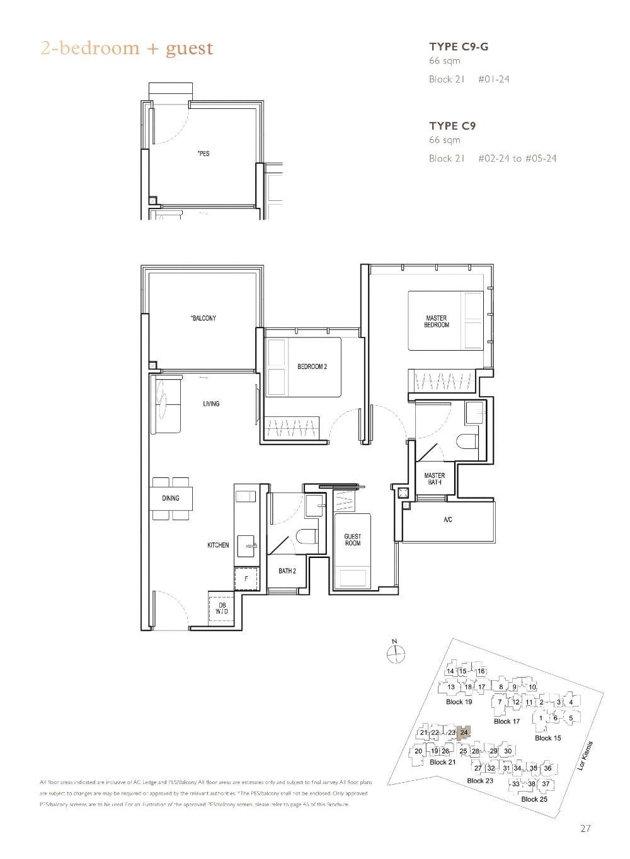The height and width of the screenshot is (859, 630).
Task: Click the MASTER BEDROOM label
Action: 437,321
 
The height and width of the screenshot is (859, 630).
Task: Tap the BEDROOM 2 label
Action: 312,367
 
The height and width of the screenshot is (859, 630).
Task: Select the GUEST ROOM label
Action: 353,540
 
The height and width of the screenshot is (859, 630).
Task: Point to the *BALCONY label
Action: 203,318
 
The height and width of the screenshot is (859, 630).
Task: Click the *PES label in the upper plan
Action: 203,154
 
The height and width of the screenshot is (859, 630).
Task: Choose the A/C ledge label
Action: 447,520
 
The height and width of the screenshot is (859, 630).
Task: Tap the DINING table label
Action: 171,498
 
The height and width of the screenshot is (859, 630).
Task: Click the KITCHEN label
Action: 218,545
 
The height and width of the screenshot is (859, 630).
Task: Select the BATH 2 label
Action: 287,571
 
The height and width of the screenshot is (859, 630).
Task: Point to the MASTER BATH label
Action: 435,479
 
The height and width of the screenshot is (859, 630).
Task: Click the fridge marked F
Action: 246,577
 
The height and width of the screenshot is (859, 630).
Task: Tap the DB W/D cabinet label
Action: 222,608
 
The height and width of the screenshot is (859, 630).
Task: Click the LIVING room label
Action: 211,404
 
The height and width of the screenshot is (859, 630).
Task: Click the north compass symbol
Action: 395,653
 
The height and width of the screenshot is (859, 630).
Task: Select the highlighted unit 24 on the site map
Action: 464,732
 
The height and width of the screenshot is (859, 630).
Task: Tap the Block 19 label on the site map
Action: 459,702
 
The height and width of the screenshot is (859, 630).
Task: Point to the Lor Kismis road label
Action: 585,756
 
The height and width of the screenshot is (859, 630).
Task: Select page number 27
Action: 586,829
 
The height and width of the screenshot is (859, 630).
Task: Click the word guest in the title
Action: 190,48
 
